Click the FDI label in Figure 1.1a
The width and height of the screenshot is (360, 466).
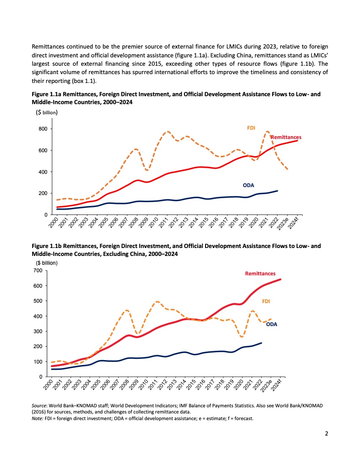click(251, 128)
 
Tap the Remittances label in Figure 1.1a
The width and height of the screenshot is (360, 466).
click(286, 138)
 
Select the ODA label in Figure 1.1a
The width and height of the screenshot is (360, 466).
click(249, 185)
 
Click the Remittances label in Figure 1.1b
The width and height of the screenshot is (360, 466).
click(260, 274)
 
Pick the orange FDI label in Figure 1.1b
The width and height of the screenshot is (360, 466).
click(266, 301)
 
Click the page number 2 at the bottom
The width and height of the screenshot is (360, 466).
click(326, 433)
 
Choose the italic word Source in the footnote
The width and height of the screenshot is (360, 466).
click(40, 405)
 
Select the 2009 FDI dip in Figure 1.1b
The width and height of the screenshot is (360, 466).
click(138, 334)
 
